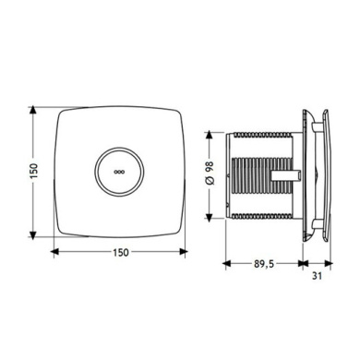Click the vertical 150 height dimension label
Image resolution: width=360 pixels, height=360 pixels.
click(33, 172)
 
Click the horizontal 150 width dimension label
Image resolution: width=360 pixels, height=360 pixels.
click(120, 252)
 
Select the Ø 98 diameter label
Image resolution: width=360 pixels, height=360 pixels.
click(210, 173)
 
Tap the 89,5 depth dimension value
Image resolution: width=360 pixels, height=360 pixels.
click(264, 264)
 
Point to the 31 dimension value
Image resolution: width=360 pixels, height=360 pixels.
click(317, 276)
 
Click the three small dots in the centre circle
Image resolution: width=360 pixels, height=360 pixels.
click(118, 172)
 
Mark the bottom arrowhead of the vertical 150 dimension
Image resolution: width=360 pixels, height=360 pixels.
click(32, 234)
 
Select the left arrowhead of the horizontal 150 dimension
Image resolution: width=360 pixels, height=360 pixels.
click(54, 252)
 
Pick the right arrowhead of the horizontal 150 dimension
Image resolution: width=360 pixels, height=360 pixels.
click(184, 252)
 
